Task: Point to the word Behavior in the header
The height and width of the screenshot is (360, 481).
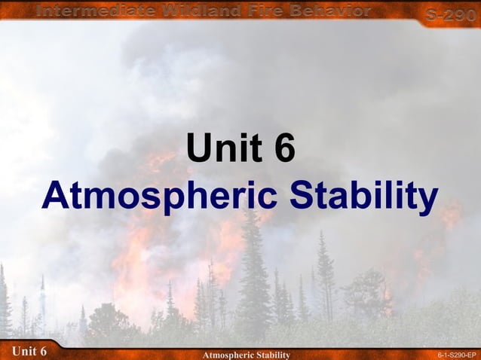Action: [334, 11]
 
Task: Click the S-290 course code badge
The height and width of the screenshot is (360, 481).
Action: [450, 14]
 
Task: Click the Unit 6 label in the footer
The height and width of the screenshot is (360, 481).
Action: [29, 352]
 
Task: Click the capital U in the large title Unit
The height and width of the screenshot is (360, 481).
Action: [197, 148]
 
